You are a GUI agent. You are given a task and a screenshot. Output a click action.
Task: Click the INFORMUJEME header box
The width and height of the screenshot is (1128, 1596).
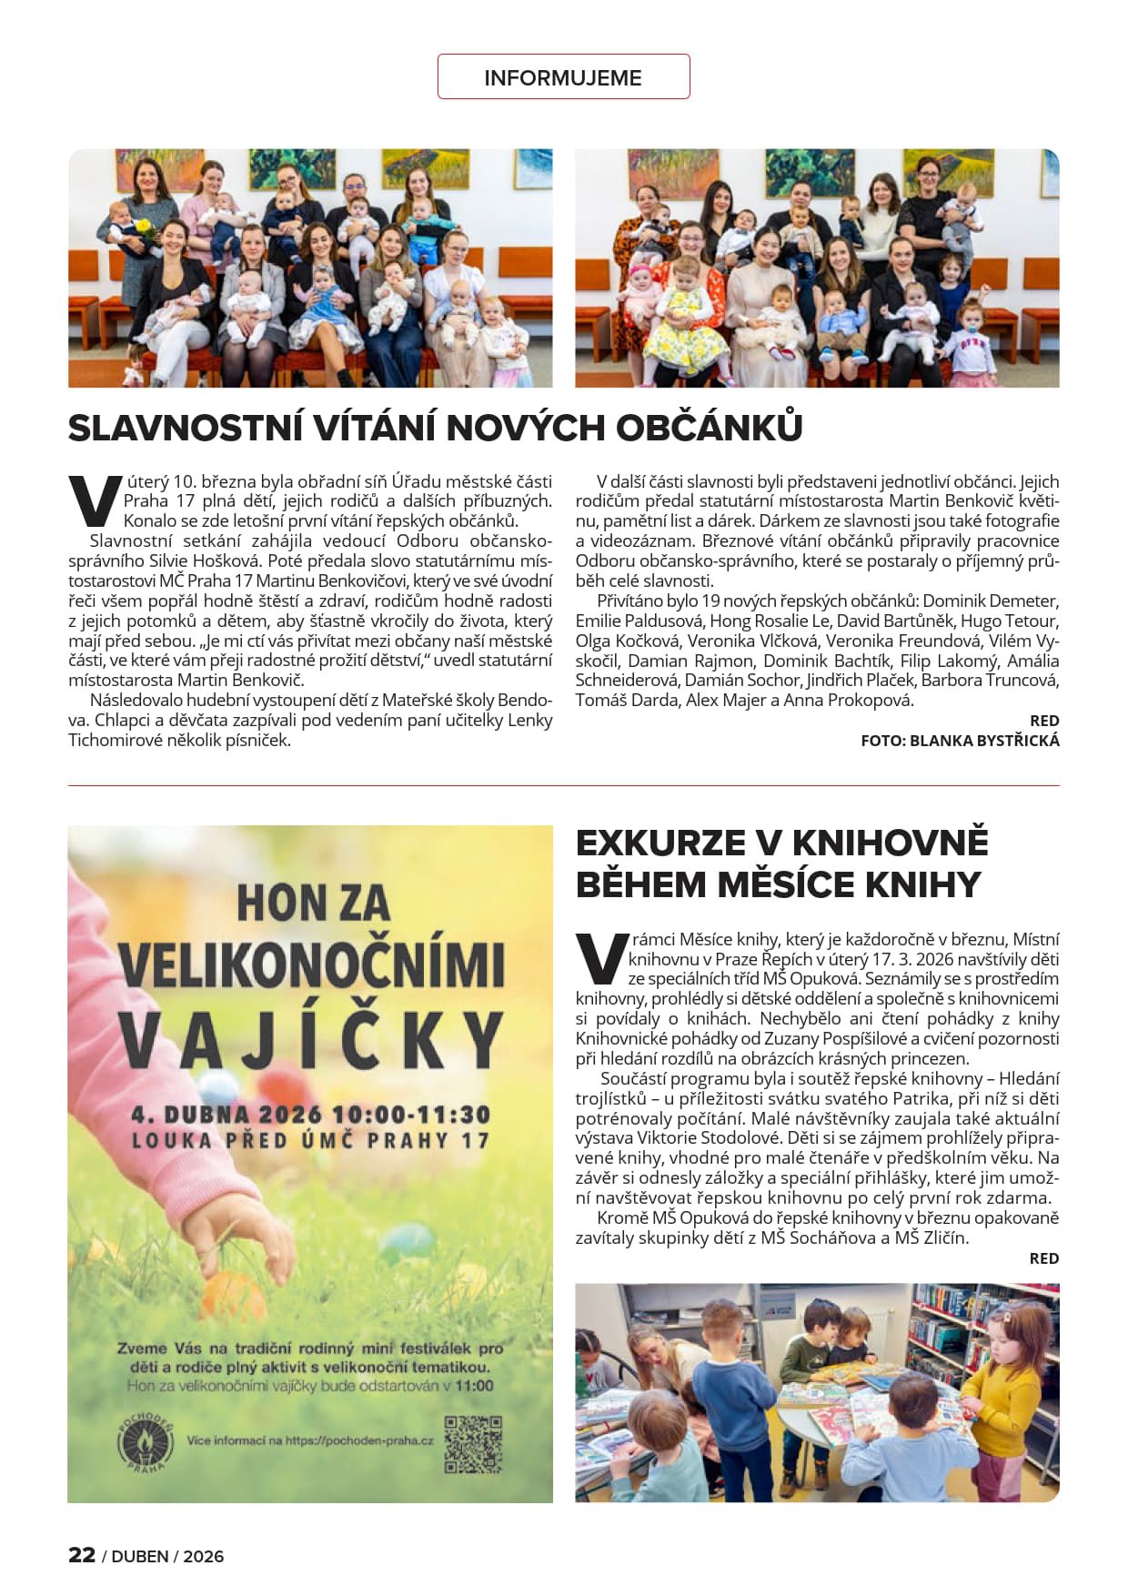(563, 77)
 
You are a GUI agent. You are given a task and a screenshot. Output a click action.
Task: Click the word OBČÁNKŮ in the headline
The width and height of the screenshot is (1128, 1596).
(710, 428)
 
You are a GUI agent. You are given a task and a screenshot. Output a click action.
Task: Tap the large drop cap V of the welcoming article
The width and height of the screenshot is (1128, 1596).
(94, 501)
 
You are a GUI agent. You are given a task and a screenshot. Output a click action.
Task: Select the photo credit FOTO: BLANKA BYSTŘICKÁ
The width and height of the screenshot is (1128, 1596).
(960, 741)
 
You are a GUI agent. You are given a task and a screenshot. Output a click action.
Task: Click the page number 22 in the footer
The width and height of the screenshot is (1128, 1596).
(82, 1554)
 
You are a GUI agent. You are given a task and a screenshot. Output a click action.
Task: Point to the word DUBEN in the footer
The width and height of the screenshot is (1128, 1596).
(141, 1556)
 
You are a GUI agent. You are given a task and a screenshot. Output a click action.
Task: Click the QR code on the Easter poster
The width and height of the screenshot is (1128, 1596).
(473, 1444)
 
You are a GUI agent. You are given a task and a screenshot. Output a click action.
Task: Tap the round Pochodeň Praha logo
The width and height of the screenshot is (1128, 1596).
(146, 1444)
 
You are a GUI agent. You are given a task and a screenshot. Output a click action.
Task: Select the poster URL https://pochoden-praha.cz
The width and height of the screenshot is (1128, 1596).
(358, 1440)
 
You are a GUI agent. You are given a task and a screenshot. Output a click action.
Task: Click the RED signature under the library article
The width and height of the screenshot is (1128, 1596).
(1043, 1258)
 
